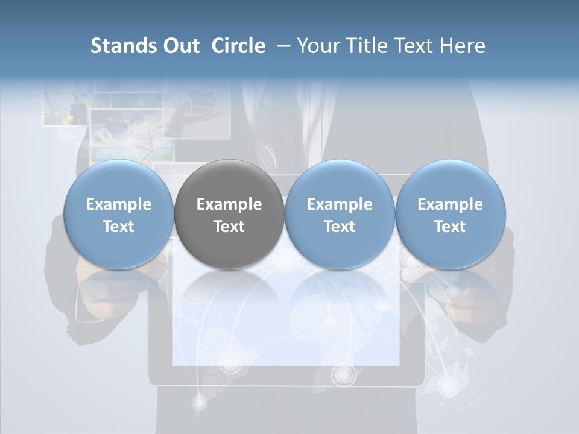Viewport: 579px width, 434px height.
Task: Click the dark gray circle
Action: [229, 215]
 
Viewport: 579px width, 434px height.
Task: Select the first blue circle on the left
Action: [119, 215]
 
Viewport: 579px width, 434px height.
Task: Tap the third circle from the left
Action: [340, 215]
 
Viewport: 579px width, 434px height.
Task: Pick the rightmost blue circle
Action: [450, 215]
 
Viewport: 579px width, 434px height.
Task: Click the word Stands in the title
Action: [123, 46]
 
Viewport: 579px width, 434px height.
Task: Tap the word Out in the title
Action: [180, 46]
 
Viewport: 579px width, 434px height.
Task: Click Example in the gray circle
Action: [229, 204]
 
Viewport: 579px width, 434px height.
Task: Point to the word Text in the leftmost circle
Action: [119, 227]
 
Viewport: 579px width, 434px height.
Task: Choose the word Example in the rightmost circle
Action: [450, 204]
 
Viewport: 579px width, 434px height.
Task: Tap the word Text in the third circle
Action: [340, 227]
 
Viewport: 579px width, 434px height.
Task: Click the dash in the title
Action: [282, 46]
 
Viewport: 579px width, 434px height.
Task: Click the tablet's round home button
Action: [344, 375]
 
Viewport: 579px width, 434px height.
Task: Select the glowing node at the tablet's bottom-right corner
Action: [448, 385]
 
